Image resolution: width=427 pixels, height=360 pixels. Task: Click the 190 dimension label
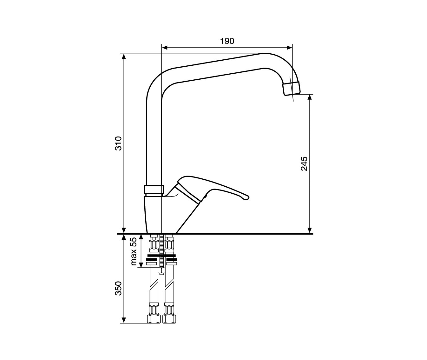click(x=227, y=41)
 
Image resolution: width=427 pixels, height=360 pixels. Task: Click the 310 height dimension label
click(x=118, y=143)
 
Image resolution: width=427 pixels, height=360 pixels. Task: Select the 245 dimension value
click(x=304, y=164)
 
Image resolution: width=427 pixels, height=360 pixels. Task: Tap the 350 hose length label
click(x=118, y=288)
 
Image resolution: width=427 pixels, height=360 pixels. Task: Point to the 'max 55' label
click(x=133, y=251)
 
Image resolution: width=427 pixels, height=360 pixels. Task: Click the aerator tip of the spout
click(x=292, y=89)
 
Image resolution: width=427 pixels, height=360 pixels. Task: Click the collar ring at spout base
click(x=154, y=190)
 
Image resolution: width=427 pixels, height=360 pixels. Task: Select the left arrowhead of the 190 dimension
click(x=165, y=48)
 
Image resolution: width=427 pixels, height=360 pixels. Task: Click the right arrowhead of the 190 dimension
click(x=289, y=48)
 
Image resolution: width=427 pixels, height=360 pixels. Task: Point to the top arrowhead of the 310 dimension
click(x=124, y=56)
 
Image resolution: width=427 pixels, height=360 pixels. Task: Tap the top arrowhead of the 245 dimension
click(x=310, y=97)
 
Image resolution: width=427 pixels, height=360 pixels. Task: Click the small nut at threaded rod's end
click(x=161, y=271)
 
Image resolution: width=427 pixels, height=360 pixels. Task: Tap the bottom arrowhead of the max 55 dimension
click(x=141, y=265)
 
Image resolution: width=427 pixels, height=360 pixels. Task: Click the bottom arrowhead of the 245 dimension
click(x=310, y=230)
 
